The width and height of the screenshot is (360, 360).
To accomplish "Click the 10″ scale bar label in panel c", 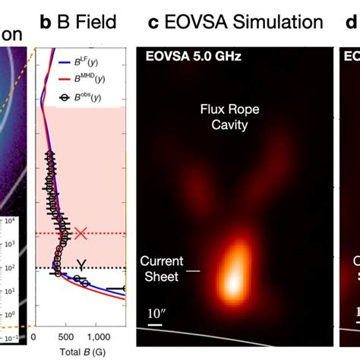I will click(x=156, y=314).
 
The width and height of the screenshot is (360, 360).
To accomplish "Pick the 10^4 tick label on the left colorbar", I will click(x=11, y=221).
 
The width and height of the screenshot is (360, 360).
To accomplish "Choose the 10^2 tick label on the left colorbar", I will click(x=11, y=267).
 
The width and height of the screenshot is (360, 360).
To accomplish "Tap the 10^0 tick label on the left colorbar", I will click(x=11, y=314).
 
